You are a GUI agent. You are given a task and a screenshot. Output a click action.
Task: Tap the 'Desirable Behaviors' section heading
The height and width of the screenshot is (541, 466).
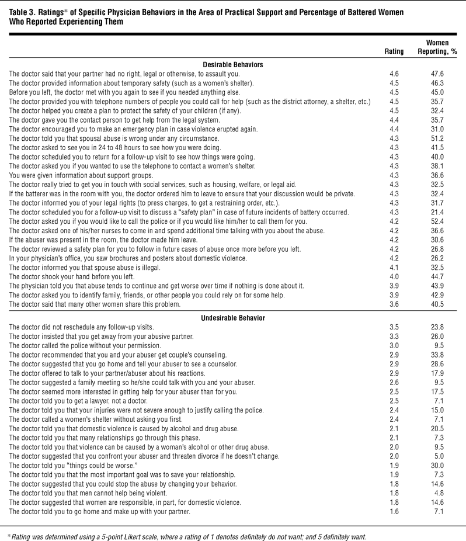[232, 64]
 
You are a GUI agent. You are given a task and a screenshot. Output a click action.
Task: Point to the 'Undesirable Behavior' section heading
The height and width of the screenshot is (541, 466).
[233, 318]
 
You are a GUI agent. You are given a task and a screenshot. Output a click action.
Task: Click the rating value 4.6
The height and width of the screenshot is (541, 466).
[394, 74]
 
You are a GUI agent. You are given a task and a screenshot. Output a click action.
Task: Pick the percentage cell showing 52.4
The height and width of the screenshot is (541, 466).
[437, 238]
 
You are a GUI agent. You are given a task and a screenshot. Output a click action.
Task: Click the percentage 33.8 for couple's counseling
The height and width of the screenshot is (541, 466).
[437, 355]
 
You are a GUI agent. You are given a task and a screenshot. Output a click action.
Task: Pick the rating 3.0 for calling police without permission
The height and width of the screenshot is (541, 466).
[394, 345]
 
